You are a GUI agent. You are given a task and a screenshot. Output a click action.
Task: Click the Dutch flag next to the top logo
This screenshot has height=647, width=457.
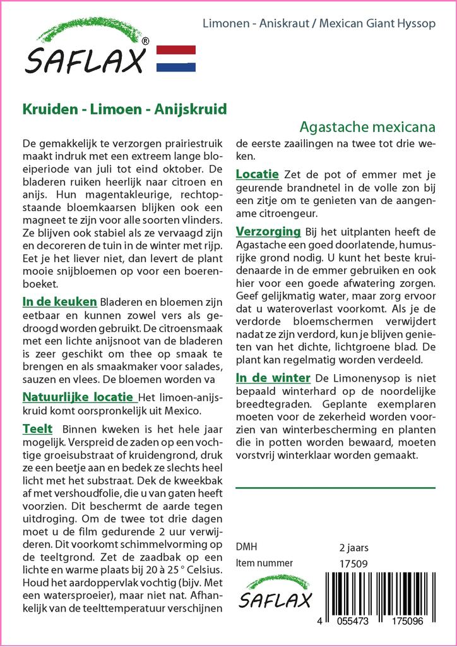(175, 58)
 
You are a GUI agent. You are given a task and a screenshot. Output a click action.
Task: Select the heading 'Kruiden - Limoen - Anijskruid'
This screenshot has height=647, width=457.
(124, 108)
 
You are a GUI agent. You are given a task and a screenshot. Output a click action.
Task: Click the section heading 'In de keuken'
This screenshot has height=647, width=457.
(59, 301)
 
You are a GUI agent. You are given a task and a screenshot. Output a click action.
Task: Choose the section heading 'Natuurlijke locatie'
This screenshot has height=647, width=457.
(79, 397)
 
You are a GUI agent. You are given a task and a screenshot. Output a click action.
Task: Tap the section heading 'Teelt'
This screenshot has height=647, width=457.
(37, 428)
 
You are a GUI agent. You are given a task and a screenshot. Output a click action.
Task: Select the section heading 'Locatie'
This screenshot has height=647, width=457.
(257, 174)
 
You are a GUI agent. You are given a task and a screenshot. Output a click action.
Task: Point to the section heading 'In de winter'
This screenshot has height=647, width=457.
(273, 378)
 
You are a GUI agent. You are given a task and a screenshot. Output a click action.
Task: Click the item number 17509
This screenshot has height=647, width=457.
(353, 563)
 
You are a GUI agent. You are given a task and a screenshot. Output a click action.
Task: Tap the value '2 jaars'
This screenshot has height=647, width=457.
(353, 547)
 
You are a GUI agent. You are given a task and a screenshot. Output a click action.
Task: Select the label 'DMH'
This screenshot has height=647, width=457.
(246, 547)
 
